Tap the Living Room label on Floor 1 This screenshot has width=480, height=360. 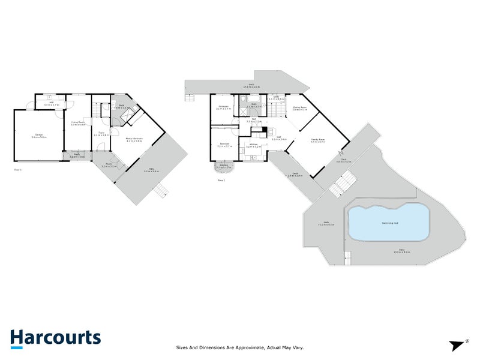pyautogui.click(x=78, y=122)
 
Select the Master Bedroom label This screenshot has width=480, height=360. pyautogui.click(x=134, y=139)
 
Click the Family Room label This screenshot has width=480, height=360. pyautogui.click(x=318, y=140)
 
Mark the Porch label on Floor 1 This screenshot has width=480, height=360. pyautogui.click(x=109, y=164)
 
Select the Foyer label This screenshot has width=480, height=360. pyautogui.click(x=101, y=133)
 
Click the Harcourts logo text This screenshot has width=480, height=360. pyautogui.click(x=55, y=337)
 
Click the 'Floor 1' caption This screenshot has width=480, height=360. pyautogui.click(x=17, y=170)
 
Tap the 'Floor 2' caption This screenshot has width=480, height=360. pyautogui.click(x=221, y=180)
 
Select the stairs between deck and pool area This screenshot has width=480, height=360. pyautogui.click(x=341, y=182)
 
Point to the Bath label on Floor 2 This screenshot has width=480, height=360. pyautogui.click(x=254, y=105)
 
